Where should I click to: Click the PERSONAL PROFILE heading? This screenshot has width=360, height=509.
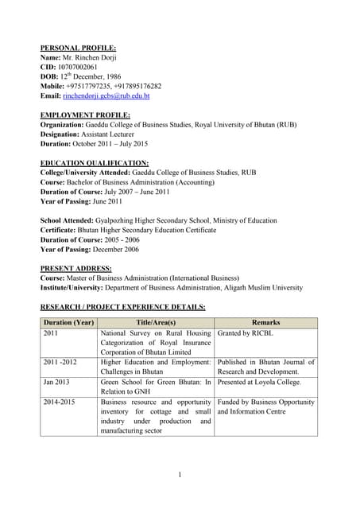point(78,48)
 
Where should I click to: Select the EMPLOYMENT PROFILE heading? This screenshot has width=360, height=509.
point(85,115)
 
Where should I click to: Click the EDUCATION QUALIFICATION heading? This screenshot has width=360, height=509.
point(94,163)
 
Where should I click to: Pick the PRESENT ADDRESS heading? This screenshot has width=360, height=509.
point(75,269)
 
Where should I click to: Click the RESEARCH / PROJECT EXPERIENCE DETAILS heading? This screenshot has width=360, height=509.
point(122,307)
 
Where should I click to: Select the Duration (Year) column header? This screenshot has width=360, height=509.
point(68,323)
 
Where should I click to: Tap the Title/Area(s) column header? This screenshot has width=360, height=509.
point(156,323)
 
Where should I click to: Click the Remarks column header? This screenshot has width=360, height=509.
point(265,323)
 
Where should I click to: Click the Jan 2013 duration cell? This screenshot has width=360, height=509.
point(57,382)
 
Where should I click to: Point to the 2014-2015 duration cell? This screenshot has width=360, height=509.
point(60,402)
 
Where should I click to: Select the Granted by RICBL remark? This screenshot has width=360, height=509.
point(245,334)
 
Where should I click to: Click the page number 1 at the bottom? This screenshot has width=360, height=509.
point(180,475)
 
